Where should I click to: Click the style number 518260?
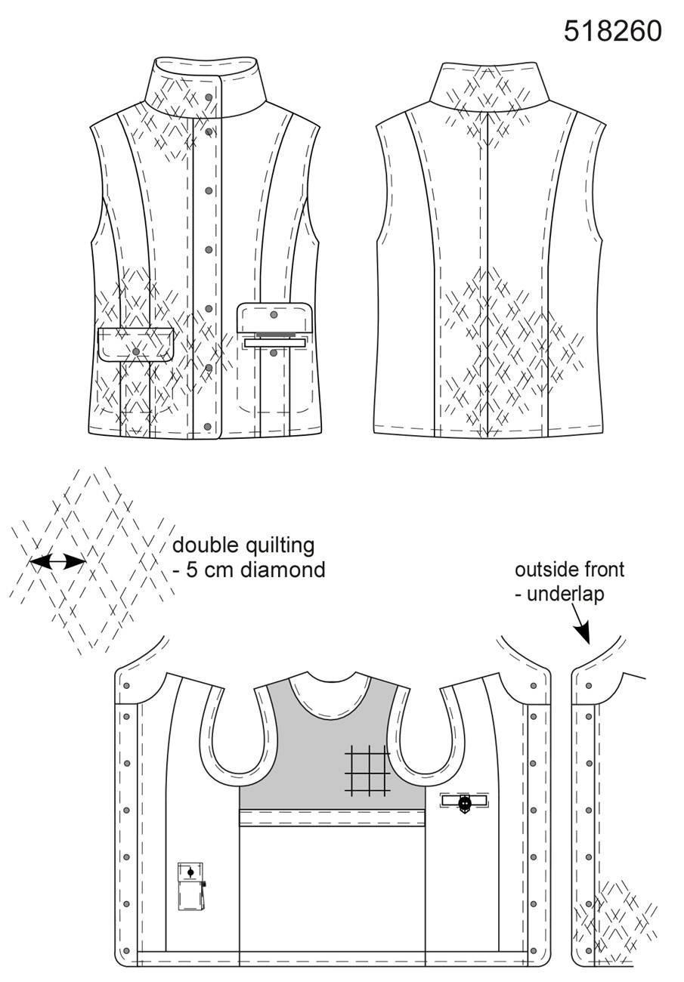point(612,32)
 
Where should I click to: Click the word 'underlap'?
point(565,594)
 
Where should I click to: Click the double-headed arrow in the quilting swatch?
point(57,561)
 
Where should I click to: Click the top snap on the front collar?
point(209,97)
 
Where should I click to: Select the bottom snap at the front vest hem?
point(208,426)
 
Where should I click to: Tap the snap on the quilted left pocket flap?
point(136,351)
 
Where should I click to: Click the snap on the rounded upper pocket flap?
point(274,315)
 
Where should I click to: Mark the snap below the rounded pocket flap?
point(274,353)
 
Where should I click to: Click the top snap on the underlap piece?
point(589,685)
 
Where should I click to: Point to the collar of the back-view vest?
point(489,85)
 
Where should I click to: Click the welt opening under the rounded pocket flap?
point(276,343)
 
